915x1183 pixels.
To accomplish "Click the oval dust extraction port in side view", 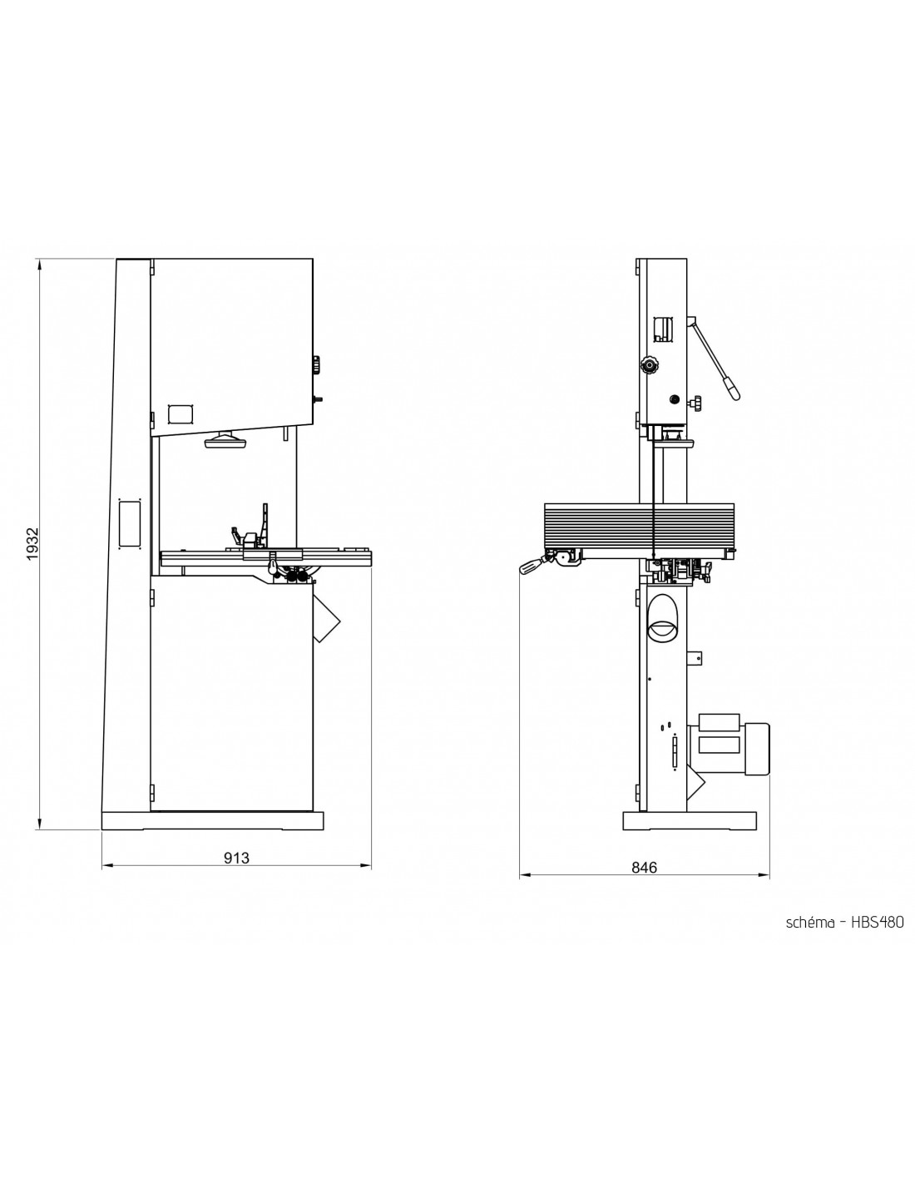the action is pos(663,616).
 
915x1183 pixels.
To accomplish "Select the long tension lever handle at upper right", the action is pos(714,359).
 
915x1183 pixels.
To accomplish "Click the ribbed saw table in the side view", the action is pos(640,526).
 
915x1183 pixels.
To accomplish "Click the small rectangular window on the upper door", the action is pos(181,413).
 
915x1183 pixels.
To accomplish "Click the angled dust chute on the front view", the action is pos(325,616).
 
